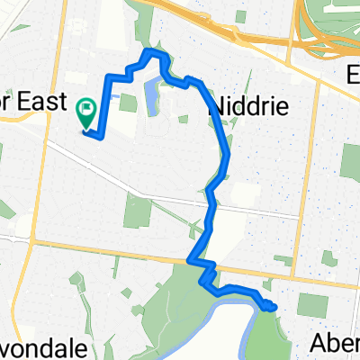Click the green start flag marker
[87, 113]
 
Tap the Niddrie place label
[247, 107]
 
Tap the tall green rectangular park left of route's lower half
[138, 211]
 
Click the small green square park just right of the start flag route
[127, 103]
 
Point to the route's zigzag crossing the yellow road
[202, 265]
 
